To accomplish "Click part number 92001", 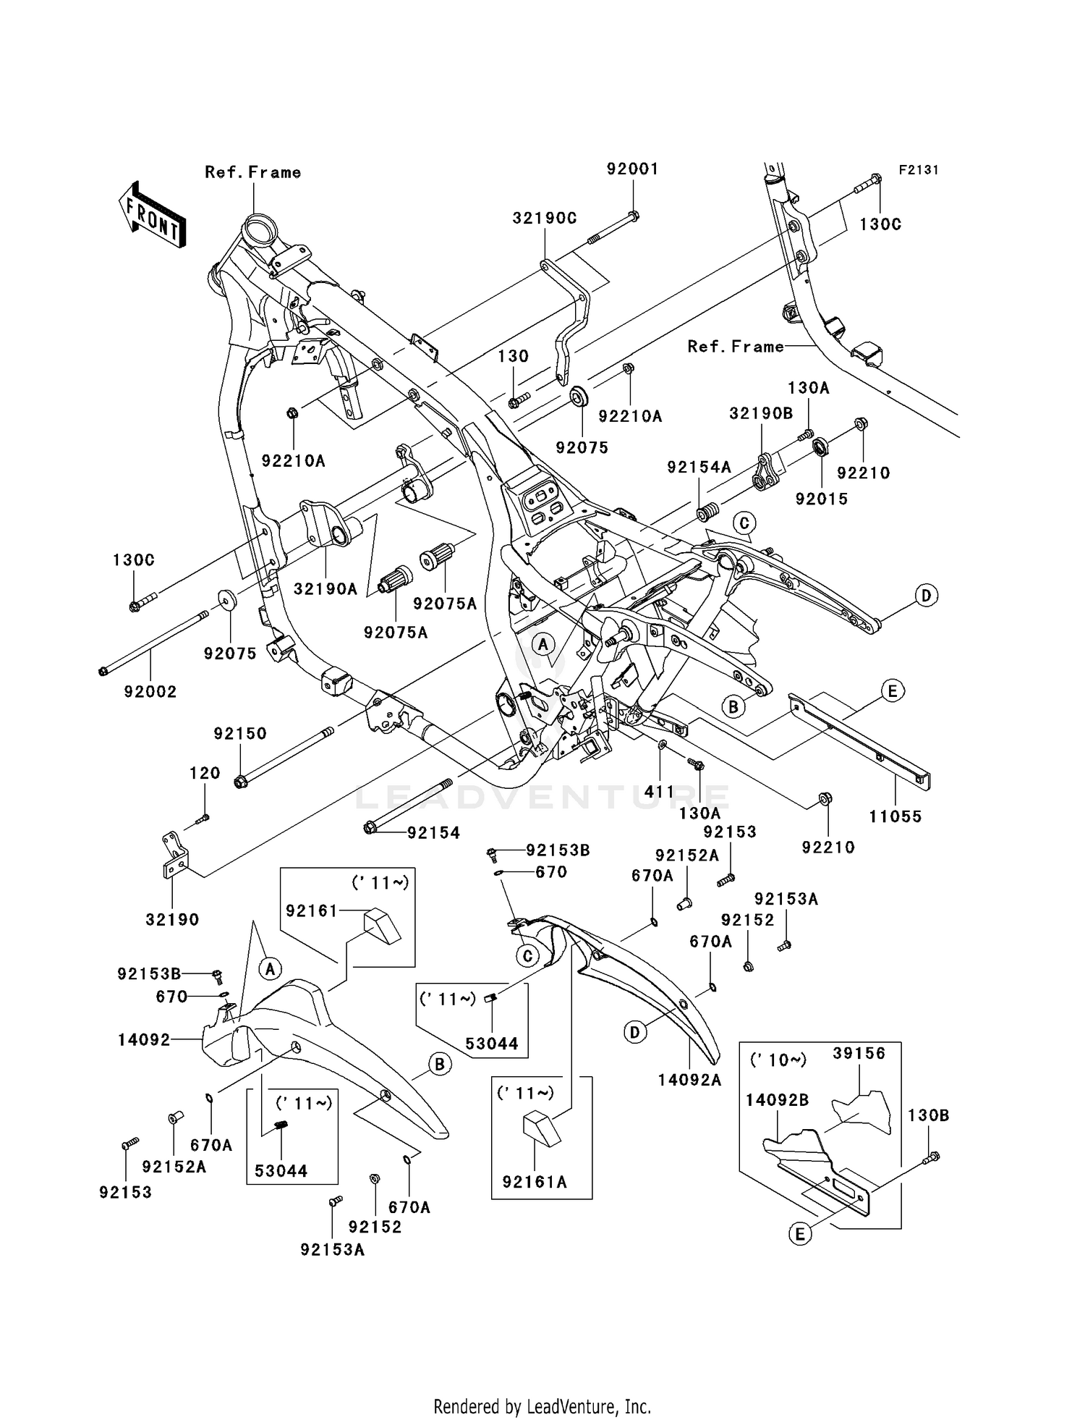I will (632, 169).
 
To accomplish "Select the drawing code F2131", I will (919, 170).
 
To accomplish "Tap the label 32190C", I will (545, 219).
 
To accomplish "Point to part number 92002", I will (150, 691).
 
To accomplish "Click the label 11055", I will (895, 816).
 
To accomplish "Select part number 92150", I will (240, 733).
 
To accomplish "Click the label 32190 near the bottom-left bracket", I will (172, 919).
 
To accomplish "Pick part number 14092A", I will (690, 1081).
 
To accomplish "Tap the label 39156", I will (859, 1053).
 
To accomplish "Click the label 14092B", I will (778, 1100).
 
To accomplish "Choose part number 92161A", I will (535, 1183).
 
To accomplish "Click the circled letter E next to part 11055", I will (892, 691).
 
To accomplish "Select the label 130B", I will (929, 1115).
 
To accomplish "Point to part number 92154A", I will (699, 468).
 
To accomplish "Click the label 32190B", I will (761, 413).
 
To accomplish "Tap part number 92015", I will (822, 499).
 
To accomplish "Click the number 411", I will (659, 792).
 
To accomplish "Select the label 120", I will (205, 773).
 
